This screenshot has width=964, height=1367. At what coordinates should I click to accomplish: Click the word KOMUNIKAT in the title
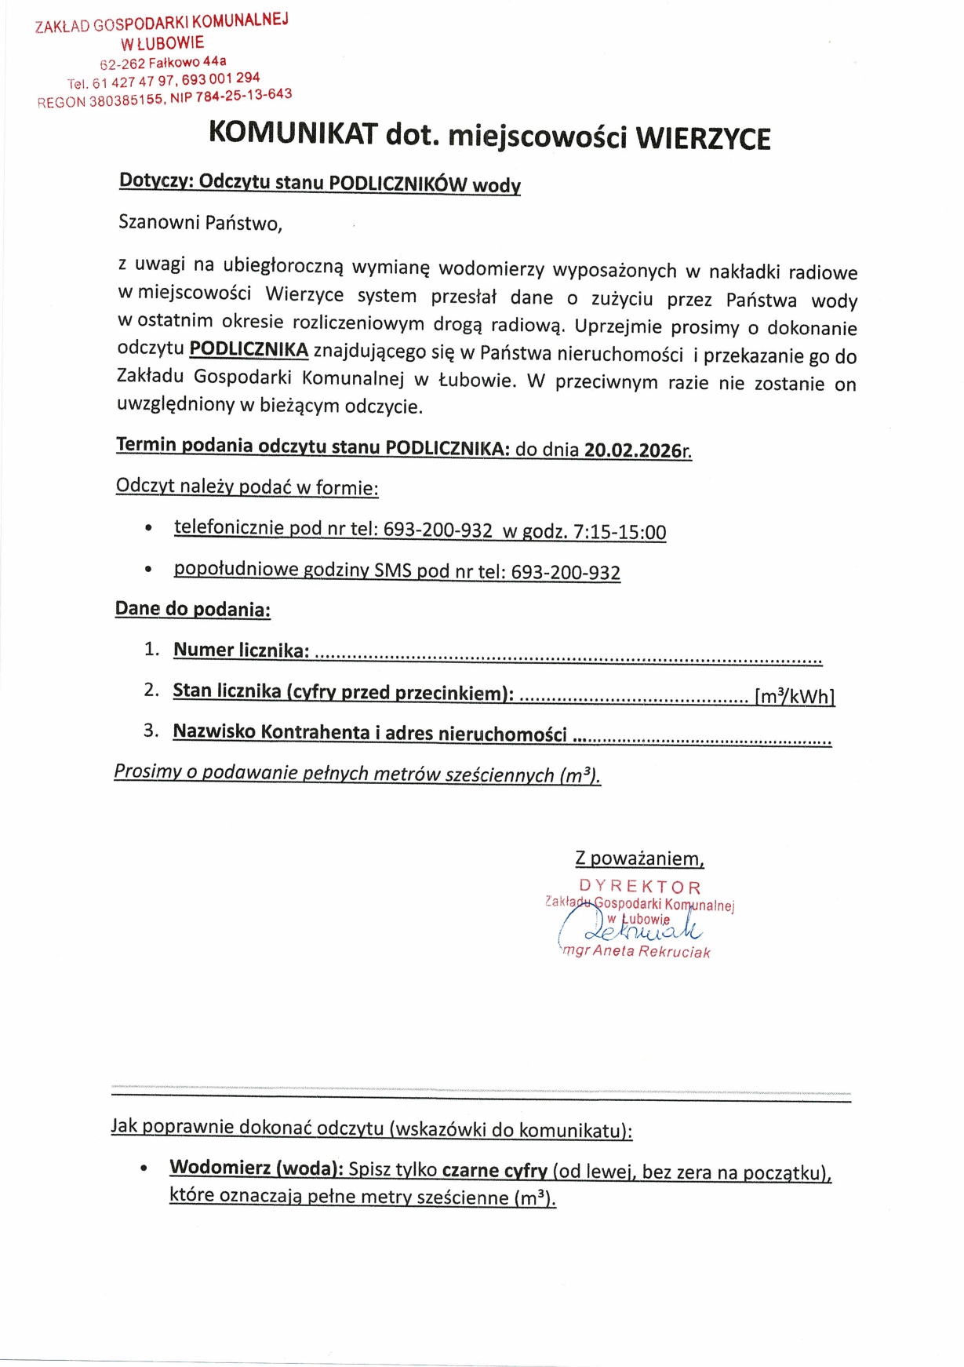pyautogui.click(x=293, y=133)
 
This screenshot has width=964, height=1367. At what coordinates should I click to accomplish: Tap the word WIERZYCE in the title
pyautogui.click(x=703, y=139)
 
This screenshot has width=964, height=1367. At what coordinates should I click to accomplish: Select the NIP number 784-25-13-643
pyautogui.click(x=243, y=96)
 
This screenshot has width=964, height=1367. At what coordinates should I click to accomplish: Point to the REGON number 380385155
pyautogui.click(x=126, y=100)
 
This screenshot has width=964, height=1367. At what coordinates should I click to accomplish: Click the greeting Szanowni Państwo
pyautogui.click(x=200, y=223)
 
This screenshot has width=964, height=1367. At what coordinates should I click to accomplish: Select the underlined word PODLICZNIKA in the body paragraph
pyautogui.click(x=249, y=349)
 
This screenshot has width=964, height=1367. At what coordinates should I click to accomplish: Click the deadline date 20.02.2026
pyautogui.click(x=633, y=450)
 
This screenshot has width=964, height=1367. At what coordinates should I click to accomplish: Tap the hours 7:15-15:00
pyautogui.click(x=620, y=533)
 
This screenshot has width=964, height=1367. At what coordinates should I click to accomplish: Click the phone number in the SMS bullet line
pyautogui.click(x=566, y=573)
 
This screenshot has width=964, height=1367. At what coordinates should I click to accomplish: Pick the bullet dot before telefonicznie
pyautogui.click(x=148, y=528)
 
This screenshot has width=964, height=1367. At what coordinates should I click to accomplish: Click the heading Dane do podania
pyautogui.click(x=192, y=610)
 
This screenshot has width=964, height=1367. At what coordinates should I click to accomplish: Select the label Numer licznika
pyautogui.click(x=240, y=651)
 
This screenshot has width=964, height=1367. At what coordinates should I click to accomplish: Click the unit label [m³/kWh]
pyautogui.click(x=794, y=697)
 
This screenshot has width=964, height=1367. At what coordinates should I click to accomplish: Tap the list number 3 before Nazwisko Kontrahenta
pyautogui.click(x=151, y=731)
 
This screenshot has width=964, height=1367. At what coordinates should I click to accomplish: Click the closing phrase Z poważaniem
pyautogui.click(x=639, y=858)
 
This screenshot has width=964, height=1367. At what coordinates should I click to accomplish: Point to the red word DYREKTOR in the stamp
pyautogui.click(x=640, y=887)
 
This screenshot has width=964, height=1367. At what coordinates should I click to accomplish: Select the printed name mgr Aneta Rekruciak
pyautogui.click(x=636, y=952)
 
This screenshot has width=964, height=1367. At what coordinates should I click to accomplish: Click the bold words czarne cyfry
pyautogui.click(x=494, y=1171)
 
